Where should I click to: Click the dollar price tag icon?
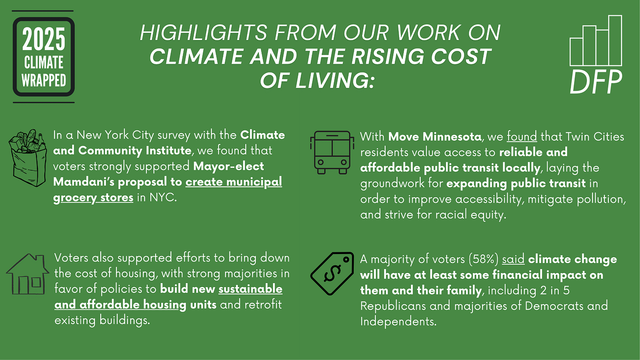click(x=332, y=273)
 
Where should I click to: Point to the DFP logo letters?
click(x=596, y=82)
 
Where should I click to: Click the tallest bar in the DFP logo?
click(x=615, y=40)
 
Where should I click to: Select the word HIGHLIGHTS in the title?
click(x=202, y=34)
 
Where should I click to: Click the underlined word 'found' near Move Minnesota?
click(x=522, y=136)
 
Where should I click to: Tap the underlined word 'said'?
click(x=513, y=259)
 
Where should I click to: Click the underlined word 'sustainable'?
click(x=250, y=289)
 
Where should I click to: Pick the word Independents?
click(x=398, y=321)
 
